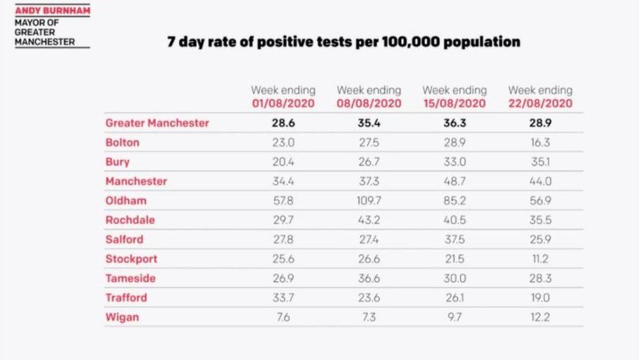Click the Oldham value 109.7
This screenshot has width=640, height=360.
[369, 201]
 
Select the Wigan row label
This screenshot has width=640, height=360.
[122, 317]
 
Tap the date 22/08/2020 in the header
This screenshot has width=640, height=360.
[540, 104]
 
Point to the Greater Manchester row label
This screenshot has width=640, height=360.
[157, 123]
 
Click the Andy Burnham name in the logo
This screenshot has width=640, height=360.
[52, 10]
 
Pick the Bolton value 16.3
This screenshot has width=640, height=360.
[540, 142]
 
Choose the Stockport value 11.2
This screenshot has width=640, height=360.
[540, 259]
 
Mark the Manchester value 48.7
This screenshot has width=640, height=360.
[454, 181]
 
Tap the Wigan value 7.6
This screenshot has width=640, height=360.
[283, 317]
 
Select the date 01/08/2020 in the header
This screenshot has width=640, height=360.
[283, 104]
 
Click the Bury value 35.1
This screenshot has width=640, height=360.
[540, 162]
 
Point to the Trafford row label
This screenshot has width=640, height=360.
[127, 298]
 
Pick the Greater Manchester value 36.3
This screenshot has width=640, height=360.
[454, 123]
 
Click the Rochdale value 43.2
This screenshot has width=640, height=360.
[369, 220]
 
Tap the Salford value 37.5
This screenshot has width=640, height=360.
[454, 239]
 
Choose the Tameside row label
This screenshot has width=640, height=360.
[130, 278]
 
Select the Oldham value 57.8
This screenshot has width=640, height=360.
[283, 201]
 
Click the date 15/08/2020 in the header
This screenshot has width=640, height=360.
[454, 104]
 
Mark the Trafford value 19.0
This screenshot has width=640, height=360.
[540, 298]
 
